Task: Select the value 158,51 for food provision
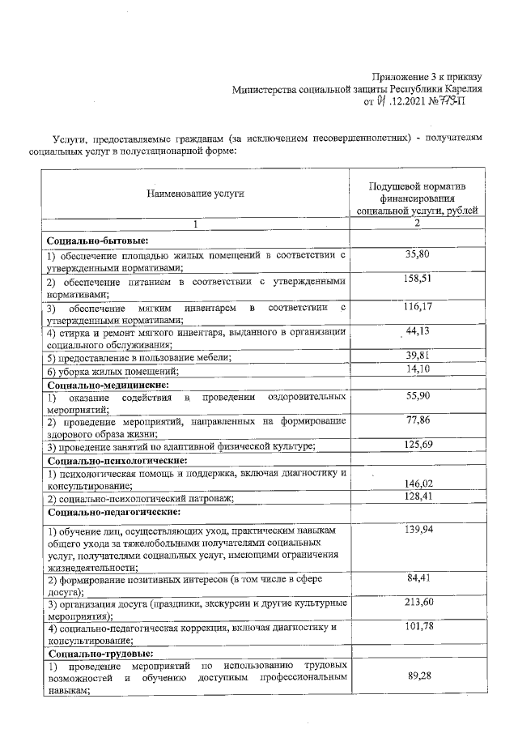pyautogui.click(x=418, y=280)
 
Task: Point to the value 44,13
pyautogui.click(x=418, y=333)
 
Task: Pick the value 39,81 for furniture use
pyautogui.click(x=418, y=357)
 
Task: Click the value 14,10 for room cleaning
pyautogui.click(x=418, y=370)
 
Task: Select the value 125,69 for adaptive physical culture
pyautogui.click(x=418, y=445)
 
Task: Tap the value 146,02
pyautogui.click(x=418, y=484)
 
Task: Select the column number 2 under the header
pyautogui.click(x=417, y=224)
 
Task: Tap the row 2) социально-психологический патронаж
pyautogui.click(x=139, y=497)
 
